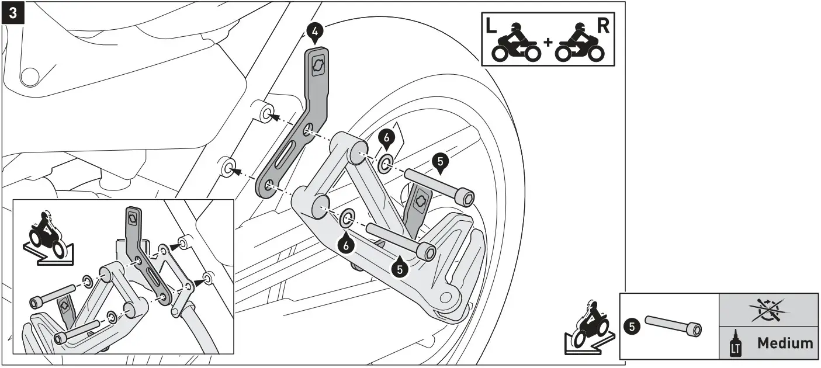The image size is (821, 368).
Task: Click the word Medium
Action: pos(785,343)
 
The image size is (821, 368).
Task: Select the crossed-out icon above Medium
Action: pos(768,309)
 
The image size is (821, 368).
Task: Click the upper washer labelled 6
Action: pos(385,165)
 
